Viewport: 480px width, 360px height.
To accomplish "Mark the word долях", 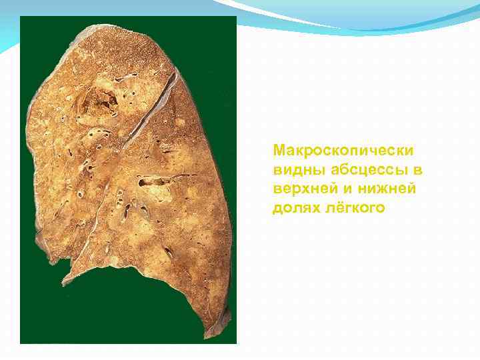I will (293, 209).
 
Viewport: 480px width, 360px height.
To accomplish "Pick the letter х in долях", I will (312, 209).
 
